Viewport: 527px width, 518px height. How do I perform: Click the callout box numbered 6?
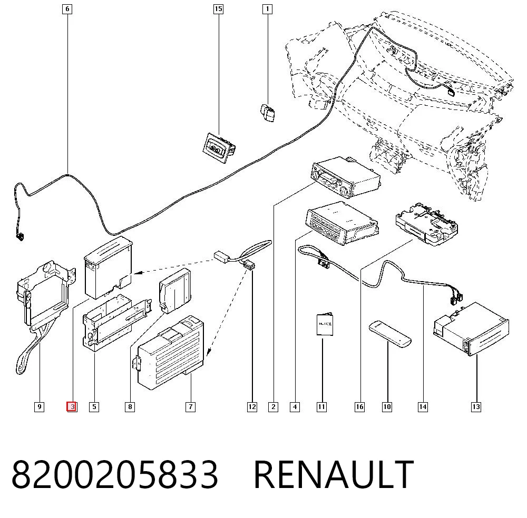click(67, 9)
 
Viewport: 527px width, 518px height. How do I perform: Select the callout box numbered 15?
click(219, 9)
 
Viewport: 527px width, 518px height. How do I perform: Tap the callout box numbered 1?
click(267, 9)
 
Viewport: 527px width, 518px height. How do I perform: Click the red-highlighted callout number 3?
click(72, 407)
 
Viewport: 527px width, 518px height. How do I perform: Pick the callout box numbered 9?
click(40, 407)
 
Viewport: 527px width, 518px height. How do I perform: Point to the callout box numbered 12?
click(252, 407)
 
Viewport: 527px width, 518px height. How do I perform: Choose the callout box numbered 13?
click(476, 407)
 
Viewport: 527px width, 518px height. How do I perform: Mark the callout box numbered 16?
click(359, 407)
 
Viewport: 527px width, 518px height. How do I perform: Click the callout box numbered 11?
click(321, 407)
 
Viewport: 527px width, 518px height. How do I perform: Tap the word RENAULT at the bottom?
click(334, 474)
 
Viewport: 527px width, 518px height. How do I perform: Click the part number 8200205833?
click(114, 474)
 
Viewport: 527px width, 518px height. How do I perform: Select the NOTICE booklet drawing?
click(325, 325)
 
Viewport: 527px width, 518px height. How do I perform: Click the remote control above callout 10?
click(390, 334)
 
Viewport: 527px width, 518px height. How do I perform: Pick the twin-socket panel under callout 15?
click(219, 148)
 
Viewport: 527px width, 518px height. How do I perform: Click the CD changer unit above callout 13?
click(471, 328)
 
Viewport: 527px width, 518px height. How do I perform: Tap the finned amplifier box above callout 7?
click(171, 353)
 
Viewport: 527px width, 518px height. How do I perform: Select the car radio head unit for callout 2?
click(346, 177)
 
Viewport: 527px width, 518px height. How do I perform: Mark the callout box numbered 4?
click(295, 407)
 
